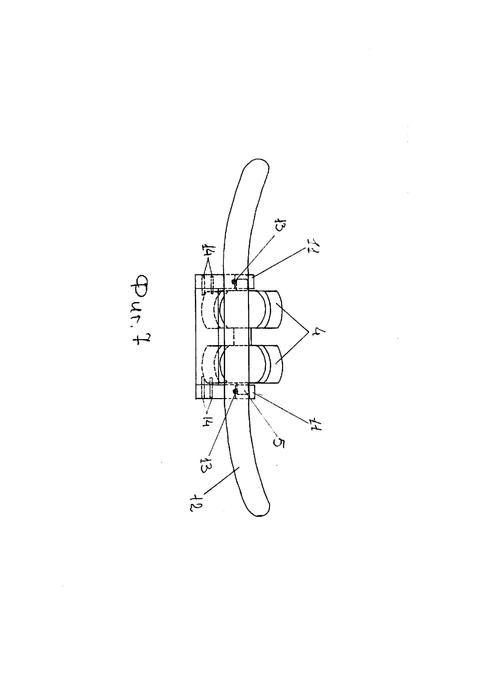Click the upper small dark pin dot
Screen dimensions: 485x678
point(235,281)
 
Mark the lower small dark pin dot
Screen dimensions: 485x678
point(235,391)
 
